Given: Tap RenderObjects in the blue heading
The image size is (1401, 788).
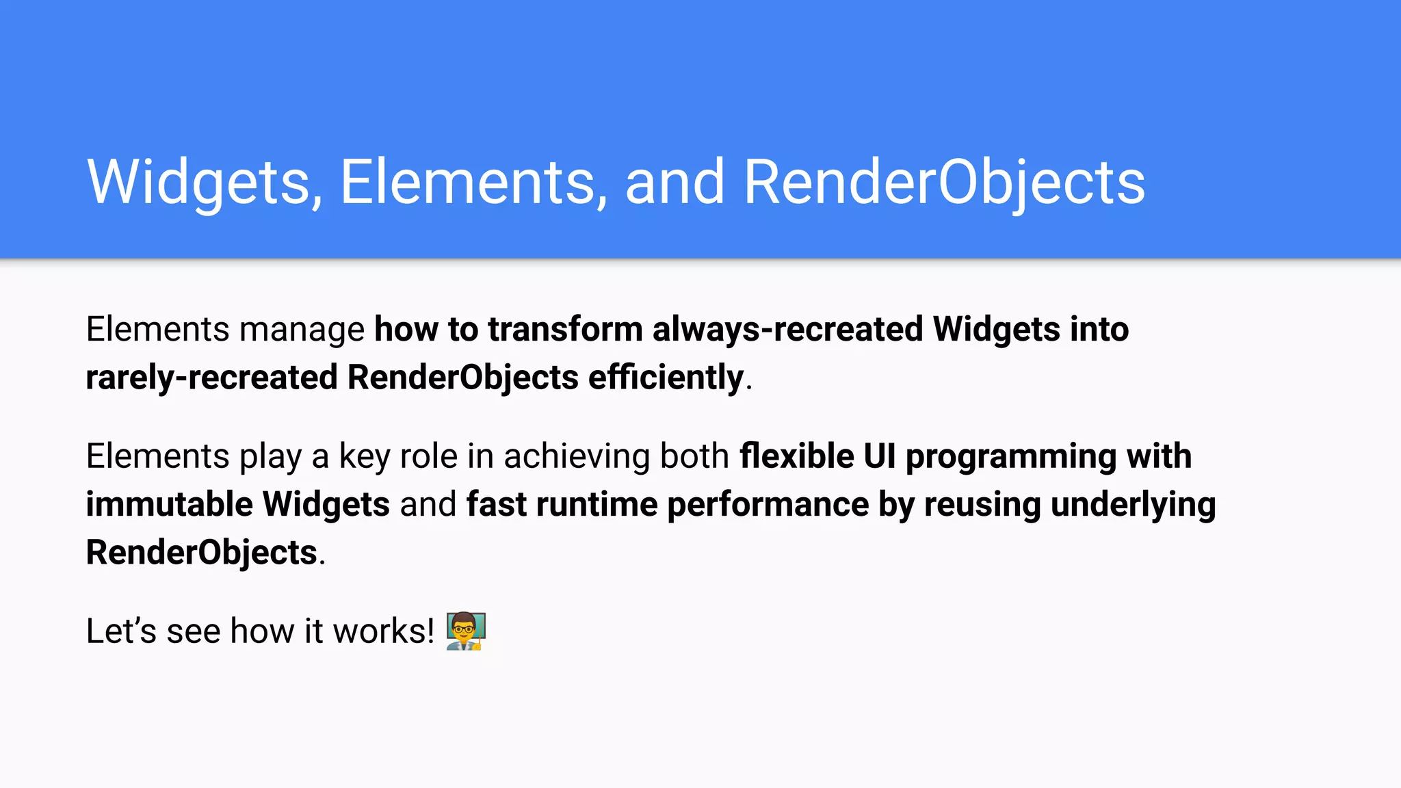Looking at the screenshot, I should pos(944,182).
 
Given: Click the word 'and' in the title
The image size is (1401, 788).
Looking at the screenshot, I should pos(675,182).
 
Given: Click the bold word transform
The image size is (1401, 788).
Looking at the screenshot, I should pos(565,329).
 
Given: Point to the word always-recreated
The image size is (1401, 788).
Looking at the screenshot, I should pos(787,329).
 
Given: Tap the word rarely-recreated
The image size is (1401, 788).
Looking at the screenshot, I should pos(211,378).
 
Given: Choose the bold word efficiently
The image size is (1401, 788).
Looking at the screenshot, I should pos(666,378).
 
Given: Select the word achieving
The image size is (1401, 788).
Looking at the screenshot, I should pos(577,456).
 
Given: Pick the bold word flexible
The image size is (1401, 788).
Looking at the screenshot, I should pos(796,456).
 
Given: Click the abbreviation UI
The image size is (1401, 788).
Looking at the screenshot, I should pos(879,456).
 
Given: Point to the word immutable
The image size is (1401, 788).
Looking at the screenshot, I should pos(169,505).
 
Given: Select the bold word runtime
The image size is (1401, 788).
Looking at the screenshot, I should pos(597,505).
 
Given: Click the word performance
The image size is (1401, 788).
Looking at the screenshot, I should pos(768,505).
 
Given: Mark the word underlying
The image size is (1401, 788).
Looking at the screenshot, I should pos(1133,505).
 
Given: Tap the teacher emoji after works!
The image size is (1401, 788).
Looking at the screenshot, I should pos(466,631).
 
